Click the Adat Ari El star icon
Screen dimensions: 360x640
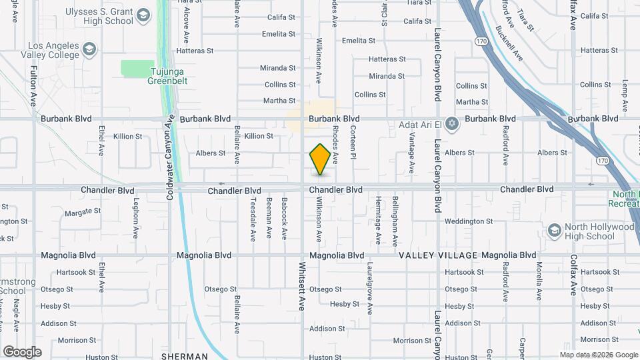click(x=453, y=124)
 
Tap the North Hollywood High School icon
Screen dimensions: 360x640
click(x=553, y=231)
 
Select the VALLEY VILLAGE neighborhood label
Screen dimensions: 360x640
click(x=438, y=255)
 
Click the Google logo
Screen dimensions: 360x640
click(x=22, y=352)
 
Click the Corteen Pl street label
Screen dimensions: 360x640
click(x=353, y=141)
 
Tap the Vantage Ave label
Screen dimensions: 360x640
click(x=411, y=149)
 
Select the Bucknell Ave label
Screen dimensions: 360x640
click(x=510, y=43)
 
